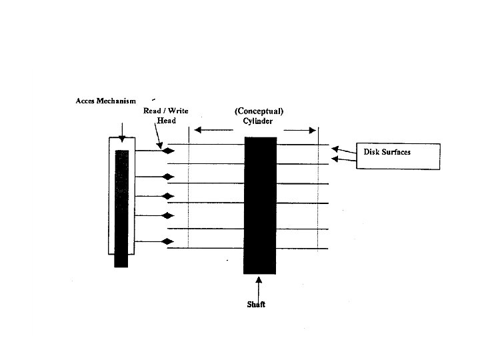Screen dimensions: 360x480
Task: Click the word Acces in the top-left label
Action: point(85,101)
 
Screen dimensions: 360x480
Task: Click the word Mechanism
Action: point(116,101)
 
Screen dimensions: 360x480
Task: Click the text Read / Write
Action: point(166,111)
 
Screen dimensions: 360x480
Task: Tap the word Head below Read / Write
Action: point(166,121)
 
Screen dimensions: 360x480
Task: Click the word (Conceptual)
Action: point(259,111)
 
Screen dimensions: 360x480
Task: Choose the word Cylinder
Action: point(258,121)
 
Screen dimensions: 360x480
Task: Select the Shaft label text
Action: point(256,305)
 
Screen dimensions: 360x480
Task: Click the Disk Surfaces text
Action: point(387,152)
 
